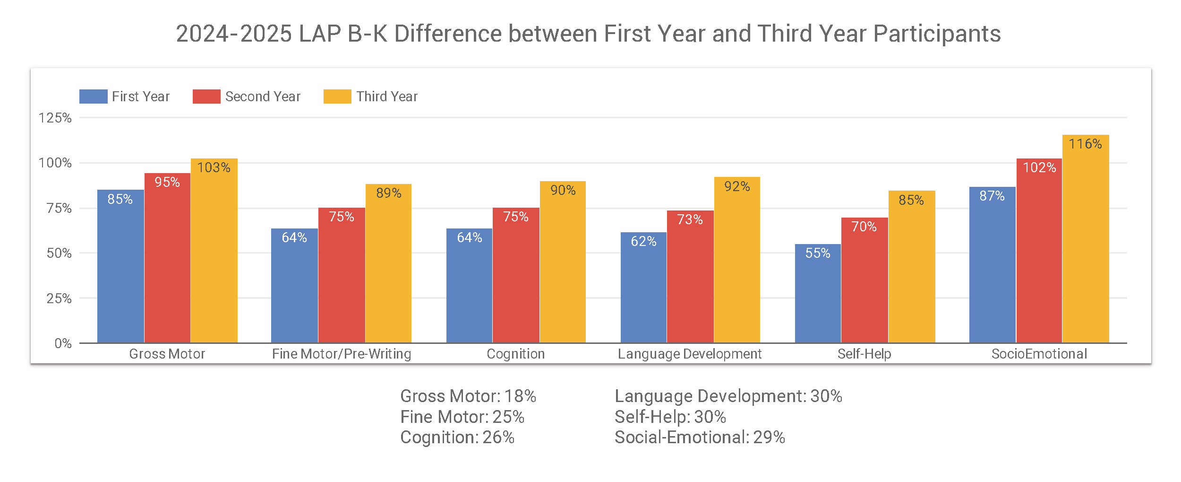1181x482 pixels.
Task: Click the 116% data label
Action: coord(1085,144)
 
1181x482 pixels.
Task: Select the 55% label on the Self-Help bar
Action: coord(818,253)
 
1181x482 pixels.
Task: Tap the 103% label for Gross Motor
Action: coord(214,167)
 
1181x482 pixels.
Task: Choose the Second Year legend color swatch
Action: coord(206,96)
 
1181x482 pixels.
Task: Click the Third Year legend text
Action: coord(387,96)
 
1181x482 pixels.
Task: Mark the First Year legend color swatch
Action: coord(93,96)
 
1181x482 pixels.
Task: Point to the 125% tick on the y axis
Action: coord(55,118)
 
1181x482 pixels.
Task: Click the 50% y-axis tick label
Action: coord(59,253)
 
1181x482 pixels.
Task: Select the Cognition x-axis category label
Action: coord(515,354)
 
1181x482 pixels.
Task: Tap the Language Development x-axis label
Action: coord(690,354)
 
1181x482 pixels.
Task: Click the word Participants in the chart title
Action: coord(937,34)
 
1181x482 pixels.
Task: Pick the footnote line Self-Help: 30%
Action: coord(670,417)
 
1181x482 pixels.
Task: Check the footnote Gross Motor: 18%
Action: coord(468,396)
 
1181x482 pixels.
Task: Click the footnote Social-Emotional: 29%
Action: coord(700,437)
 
